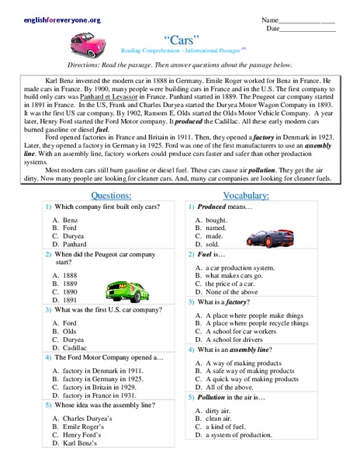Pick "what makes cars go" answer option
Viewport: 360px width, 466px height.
pyautogui.click(x=233, y=275)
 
